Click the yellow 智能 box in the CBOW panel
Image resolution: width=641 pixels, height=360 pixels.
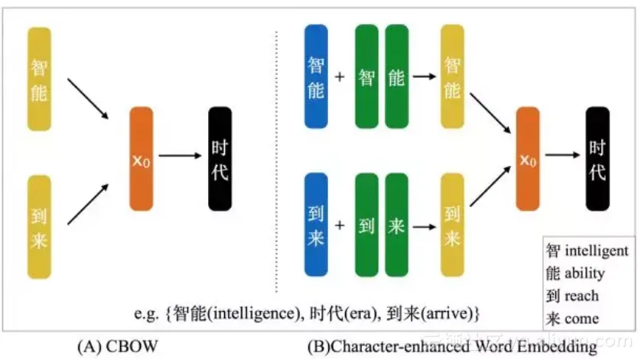pos(40,79)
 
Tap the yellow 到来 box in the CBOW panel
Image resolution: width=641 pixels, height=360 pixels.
pos(40,226)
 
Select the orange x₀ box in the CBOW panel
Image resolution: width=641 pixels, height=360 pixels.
pos(142,158)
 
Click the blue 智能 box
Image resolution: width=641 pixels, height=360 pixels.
pos(316,76)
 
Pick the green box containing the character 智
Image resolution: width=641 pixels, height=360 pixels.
pos(366,76)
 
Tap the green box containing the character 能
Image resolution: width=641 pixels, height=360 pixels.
pos(396,76)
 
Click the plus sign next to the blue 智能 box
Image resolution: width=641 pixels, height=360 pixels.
pos(340,77)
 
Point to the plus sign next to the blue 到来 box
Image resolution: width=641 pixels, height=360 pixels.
pos(340,225)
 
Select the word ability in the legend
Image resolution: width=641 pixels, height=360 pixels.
pos(584,273)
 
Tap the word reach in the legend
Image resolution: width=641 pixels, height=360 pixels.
pos(581,296)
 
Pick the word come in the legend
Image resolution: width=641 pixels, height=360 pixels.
pos(581,318)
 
